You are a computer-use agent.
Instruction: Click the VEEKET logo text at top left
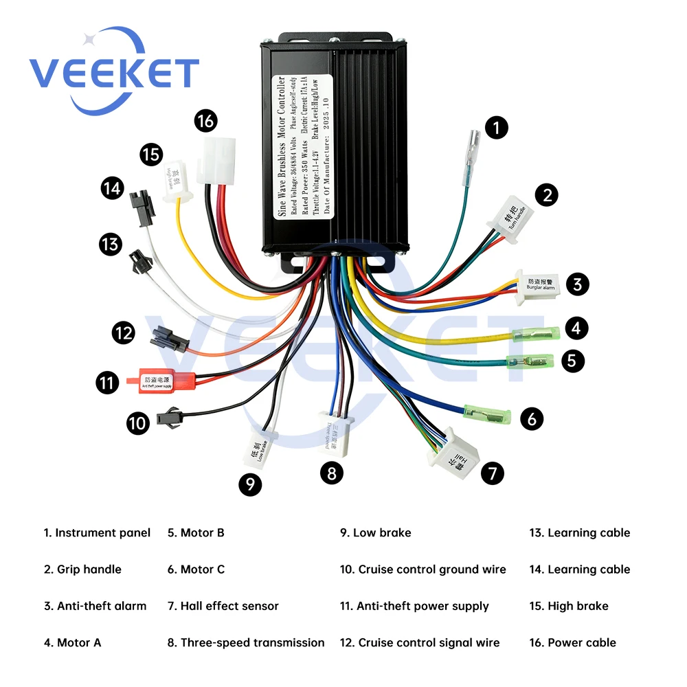[x=113, y=72]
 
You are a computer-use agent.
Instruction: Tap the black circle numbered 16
[x=205, y=122]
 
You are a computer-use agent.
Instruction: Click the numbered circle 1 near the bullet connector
[x=497, y=127]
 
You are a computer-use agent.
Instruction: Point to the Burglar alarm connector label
[x=540, y=284]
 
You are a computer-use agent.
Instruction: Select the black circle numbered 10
[x=138, y=423]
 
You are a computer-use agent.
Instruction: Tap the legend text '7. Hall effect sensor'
[x=223, y=606]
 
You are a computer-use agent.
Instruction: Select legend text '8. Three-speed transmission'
[x=246, y=642]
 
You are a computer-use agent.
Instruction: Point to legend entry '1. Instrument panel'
[x=97, y=532]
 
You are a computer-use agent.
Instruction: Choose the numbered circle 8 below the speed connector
[x=332, y=473]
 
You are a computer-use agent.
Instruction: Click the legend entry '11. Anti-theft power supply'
[x=414, y=606]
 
